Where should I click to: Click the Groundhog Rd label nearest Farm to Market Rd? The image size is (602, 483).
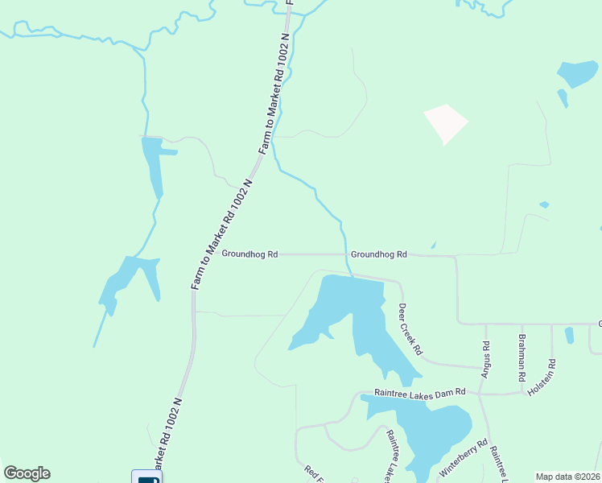click(249, 254)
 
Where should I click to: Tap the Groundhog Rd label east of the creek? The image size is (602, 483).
click(378, 254)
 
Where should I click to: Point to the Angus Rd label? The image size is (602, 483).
click(485, 359)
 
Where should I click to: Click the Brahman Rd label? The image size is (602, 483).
click(522, 357)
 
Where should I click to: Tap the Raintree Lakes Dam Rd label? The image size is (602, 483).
click(421, 392)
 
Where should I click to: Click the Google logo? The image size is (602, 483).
click(27, 473)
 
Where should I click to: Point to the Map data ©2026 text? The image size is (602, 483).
click(567, 477)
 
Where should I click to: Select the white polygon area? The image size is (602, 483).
click(444, 123)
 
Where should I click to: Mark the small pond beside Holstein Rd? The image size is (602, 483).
click(570, 334)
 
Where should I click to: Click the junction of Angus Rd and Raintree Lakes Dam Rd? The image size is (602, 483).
click(480, 394)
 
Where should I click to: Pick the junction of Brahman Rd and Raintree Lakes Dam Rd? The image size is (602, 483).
click(523, 393)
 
